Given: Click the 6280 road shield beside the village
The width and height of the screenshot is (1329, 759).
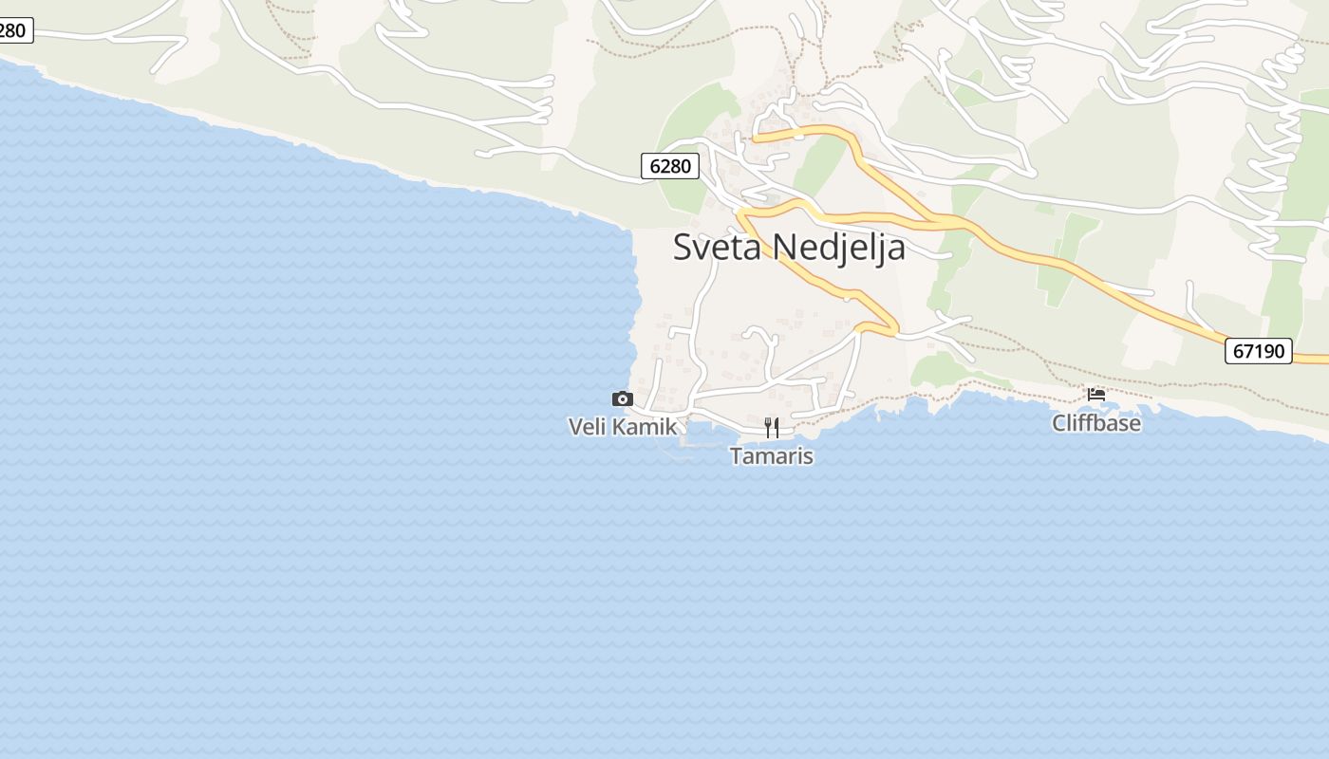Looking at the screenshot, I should pyautogui.click(x=670, y=166).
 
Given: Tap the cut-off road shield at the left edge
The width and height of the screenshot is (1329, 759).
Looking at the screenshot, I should pyautogui.click(x=13, y=30).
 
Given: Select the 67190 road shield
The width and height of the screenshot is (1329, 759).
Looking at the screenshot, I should pyautogui.click(x=1258, y=351).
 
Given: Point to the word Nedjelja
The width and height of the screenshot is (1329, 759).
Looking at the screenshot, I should pyautogui.click(x=839, y=248).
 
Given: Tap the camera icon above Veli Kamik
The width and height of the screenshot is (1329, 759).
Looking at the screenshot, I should pyautogui.click(x=623, y=398).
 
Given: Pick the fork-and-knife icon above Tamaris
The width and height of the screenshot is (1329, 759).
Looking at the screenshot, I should pyautogui.click(x=772, y=428).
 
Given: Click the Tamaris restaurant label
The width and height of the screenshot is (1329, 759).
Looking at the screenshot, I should pyautogui.click(x=772, y=456).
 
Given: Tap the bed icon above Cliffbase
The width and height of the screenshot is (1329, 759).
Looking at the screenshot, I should pyautogui.click(x=1096, y=394).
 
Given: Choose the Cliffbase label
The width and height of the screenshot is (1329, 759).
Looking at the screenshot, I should pyautogui.click(x=1096, y=423).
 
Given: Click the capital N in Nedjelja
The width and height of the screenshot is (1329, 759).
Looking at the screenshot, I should pyautogui.click(x=783, y=247).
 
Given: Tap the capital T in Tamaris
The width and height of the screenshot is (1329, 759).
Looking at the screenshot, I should pyautogui.click(x=737, y=456).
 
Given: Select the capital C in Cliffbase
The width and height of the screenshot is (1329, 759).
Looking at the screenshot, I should pyautogui.click(x=1059, y=423).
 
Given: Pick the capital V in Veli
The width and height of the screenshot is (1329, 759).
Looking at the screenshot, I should pyautogui.click(x=575, y=427).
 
